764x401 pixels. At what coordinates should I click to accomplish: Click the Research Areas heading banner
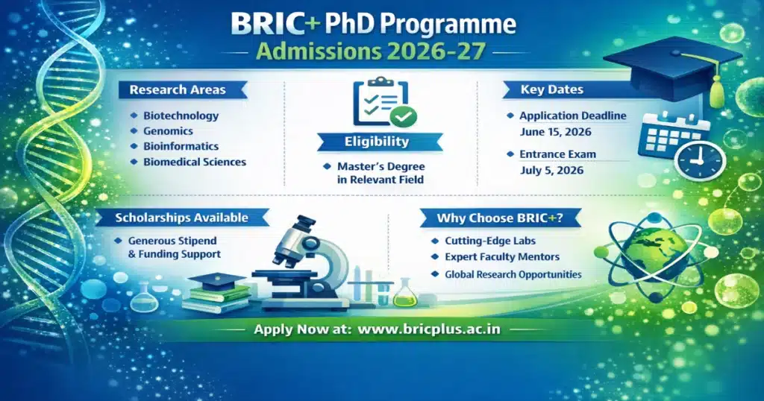click(178, 90)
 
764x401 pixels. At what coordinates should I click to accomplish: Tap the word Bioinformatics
click(181, 146)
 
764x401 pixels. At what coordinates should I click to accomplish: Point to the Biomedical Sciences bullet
click(194, 162)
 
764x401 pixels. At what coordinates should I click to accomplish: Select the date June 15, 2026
click(555, 132)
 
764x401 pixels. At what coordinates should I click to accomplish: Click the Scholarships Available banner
click(182, 218)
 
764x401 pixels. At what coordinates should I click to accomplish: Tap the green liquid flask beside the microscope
click(405, 293)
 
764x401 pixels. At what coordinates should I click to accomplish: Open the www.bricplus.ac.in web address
click(429, 329)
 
